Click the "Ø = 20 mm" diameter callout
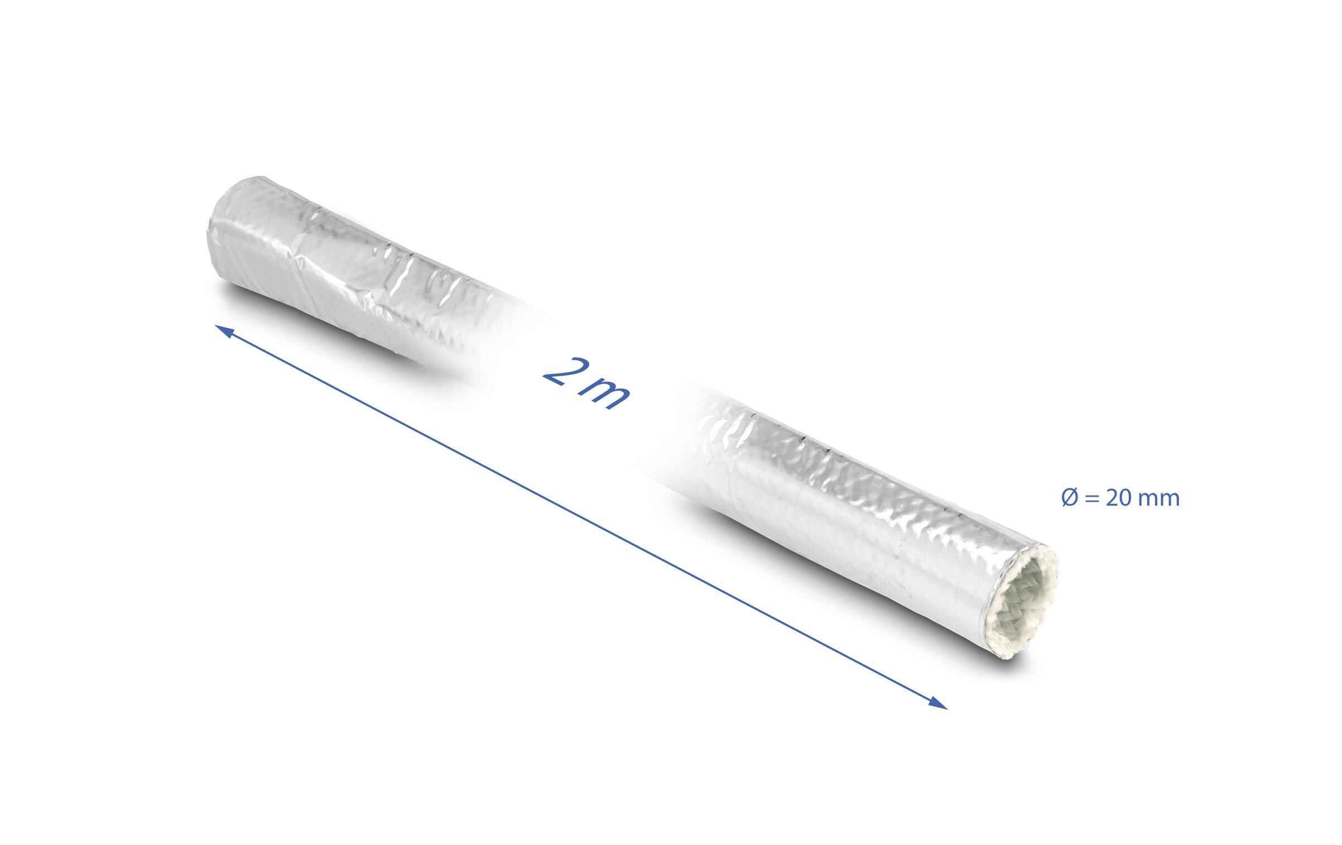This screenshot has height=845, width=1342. click(1120, 497)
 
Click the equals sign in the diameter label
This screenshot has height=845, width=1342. click(1091, 498)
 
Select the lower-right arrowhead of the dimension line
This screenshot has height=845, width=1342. click(939, 704)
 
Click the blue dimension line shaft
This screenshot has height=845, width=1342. click(580, 517)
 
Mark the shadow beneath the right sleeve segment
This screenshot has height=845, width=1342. click(837, 592)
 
